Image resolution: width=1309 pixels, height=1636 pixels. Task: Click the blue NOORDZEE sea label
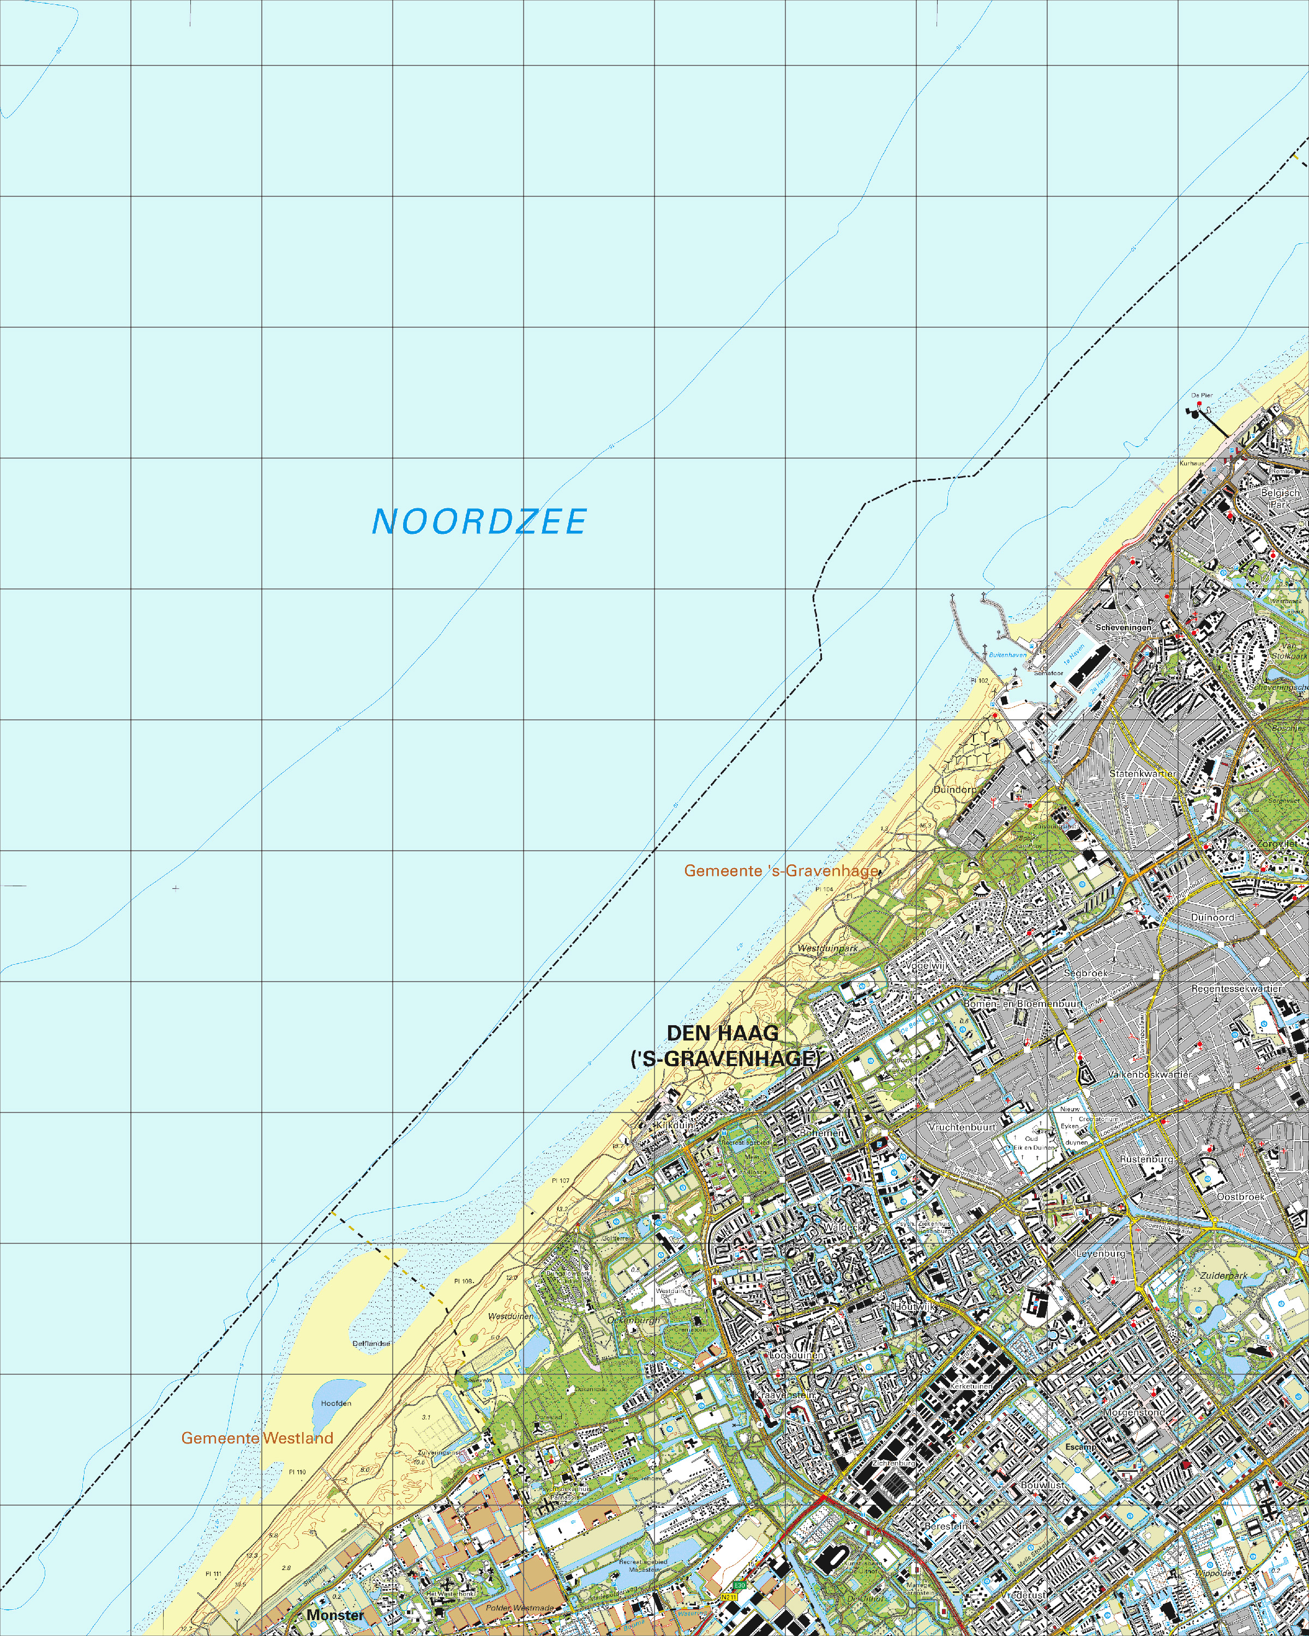479,522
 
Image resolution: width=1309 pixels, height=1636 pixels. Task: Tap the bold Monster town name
335,1615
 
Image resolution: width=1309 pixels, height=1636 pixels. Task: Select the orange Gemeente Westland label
257,1438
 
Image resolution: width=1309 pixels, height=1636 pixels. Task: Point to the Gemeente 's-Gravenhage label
781,870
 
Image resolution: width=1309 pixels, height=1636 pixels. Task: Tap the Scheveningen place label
1123,628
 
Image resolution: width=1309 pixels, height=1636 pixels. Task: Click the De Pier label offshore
1201,395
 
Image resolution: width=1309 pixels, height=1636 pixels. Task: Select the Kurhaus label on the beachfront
1191,463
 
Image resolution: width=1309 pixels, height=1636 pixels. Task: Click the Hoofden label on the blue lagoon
335,1403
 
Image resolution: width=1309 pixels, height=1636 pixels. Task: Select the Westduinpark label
828,948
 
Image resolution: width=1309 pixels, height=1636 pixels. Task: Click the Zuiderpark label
1223,1276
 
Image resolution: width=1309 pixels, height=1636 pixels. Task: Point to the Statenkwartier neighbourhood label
1143,773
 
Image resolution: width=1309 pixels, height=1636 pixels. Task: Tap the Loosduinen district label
797,1355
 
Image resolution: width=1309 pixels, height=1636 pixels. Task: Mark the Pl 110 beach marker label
297,1471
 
